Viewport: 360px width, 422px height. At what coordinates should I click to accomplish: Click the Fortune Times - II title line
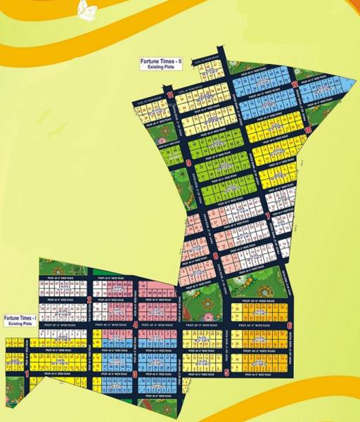160,63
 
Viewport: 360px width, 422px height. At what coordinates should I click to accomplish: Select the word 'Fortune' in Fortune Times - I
12,319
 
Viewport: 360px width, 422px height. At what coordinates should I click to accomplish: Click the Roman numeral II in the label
180,63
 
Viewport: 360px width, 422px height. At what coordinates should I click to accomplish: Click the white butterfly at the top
87,10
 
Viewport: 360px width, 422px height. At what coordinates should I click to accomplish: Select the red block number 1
27,375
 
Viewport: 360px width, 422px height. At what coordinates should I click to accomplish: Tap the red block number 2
90,299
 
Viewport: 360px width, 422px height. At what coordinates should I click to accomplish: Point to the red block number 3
134,375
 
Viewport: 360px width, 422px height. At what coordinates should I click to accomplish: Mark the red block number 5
226,373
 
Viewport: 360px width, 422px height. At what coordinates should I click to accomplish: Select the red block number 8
214,257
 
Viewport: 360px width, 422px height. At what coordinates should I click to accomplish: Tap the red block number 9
189,163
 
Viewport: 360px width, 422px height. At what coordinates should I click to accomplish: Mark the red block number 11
171,93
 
